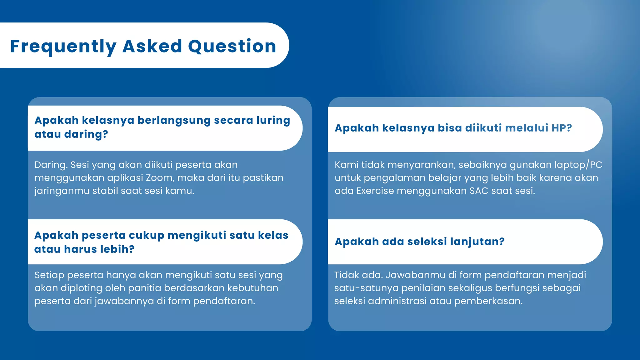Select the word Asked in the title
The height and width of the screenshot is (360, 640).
click(x=152, y=46)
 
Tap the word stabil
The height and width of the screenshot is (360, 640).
click(x=105, y=191)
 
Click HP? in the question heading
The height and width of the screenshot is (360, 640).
click(x=562, y=128)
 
